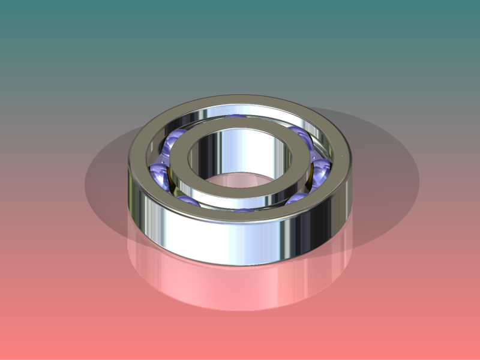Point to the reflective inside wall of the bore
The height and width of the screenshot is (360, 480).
[240, 150]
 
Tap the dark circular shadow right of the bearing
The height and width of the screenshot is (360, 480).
[384, 180]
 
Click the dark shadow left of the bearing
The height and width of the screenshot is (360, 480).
[105, 180]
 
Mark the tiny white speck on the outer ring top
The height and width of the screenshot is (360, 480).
[342, 154]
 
